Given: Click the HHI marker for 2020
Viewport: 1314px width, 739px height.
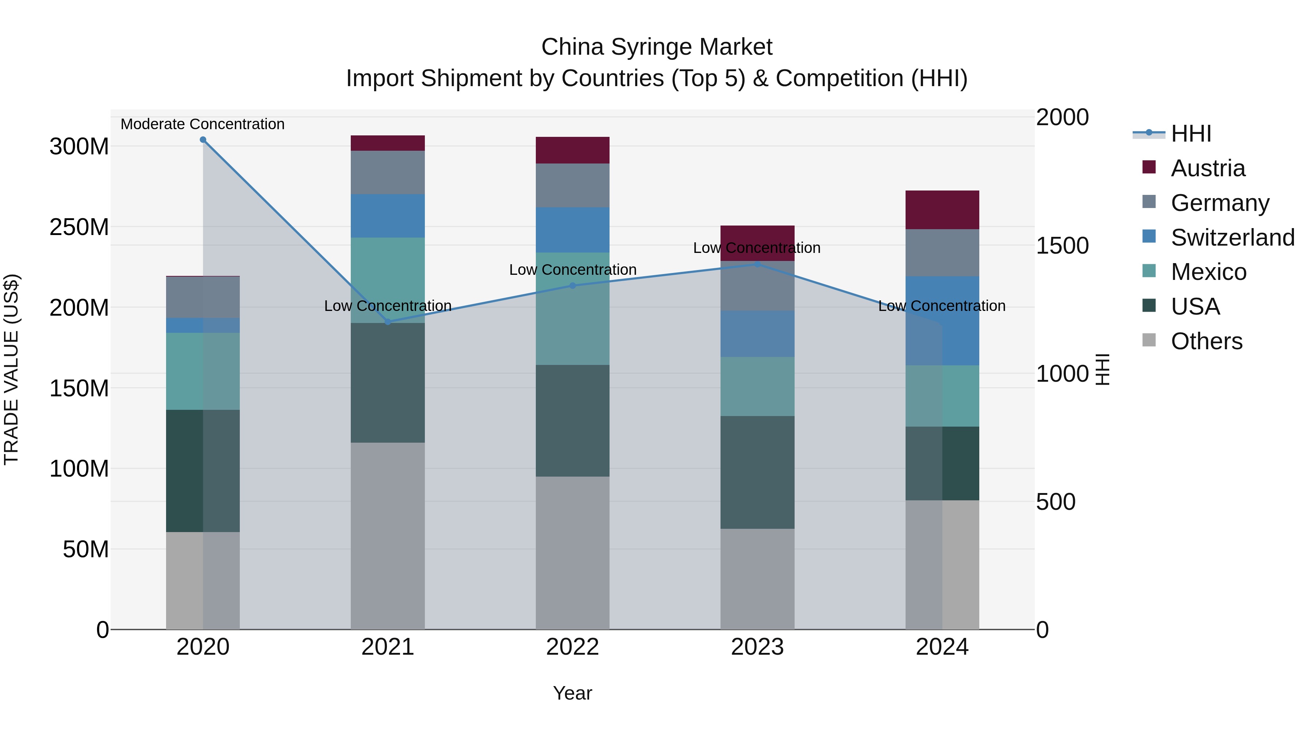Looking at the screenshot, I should coord(203,140).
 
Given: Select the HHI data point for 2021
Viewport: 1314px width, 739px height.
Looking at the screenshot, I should coord(388,322).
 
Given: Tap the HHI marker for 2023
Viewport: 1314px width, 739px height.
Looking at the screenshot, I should coord(757,264).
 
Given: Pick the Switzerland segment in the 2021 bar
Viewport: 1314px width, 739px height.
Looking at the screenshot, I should coord(388,216).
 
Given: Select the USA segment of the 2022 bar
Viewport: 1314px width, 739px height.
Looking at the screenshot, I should coord(572,421).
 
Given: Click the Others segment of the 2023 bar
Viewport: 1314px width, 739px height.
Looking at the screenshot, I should coord(757,579).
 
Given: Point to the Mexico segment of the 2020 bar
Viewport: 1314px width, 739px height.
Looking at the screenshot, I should coord(203,371).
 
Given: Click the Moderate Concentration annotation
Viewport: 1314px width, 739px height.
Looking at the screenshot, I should coord(203,124).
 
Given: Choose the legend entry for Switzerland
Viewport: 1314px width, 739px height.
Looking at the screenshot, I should coord(1232,238).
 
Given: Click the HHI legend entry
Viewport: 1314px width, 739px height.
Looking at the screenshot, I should coord(1191,134).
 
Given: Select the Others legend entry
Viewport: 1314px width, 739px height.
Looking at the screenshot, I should coord(1206,341).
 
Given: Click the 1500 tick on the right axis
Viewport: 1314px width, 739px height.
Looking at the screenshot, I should coord(1062,246).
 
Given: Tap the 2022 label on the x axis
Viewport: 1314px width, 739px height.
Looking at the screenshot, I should coord(572,647).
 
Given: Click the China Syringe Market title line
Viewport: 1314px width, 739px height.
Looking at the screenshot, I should coord(657,47).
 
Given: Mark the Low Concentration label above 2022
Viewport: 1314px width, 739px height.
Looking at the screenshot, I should coord(572,270).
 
